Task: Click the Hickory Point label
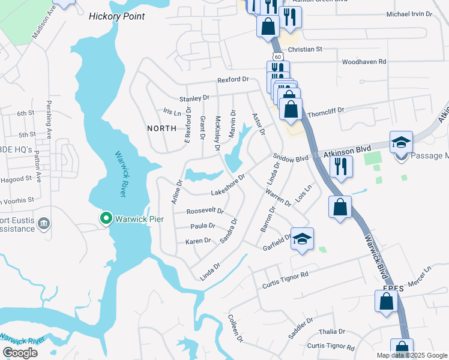click(116, 16)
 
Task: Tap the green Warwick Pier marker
click(106, 218)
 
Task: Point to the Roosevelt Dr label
click(205, 211)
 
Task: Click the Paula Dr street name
click(202, 226)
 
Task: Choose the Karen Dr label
click(198, 241)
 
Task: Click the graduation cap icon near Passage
click(401, 142)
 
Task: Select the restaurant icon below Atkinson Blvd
click(341, 166)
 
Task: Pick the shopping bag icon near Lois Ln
click(340, 207)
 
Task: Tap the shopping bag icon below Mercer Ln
click(386, 302)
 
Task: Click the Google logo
click(20, 353)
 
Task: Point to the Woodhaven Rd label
click(364, 62)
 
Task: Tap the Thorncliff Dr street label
click(325, 111)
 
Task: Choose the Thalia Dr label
click(333, 331)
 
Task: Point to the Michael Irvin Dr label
click(409, 14)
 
